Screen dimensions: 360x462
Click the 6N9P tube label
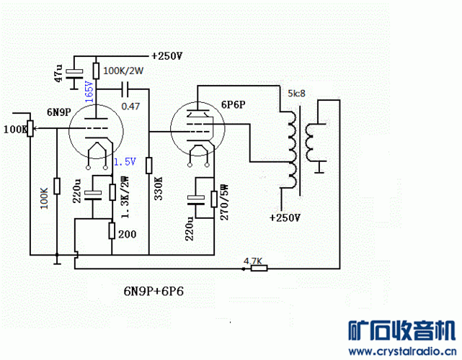tap(58, 112)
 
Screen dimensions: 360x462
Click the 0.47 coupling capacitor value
tap(130, 106)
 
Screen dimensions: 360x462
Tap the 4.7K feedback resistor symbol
tap(258, 269)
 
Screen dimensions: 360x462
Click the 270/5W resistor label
tap(224, 202)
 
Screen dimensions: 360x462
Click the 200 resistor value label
tap(127, 235)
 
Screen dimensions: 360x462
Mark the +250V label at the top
tap(166, 55)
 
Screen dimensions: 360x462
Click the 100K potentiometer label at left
tap(15, 130)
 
